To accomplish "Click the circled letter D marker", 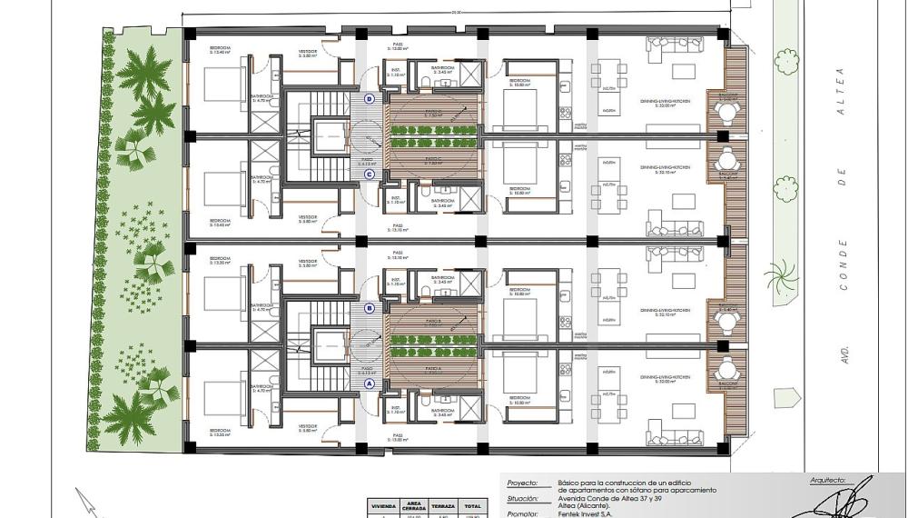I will coord(370,98).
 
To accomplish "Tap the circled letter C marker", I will coord(370,174).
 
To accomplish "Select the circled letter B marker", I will coord(370,308).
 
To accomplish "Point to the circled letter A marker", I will coord(370,384).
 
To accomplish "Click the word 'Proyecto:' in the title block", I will coord(522,483).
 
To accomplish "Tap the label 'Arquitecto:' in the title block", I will coord(827,479).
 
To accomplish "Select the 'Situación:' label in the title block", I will coord(523,499).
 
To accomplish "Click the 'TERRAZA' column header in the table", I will coord(443,505).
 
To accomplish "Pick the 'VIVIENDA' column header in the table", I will coord(382,505).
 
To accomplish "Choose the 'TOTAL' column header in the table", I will coord(473,505).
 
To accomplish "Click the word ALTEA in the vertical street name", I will coord(841,88).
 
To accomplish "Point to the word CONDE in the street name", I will coord(844,264).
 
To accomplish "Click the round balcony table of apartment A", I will coord(726,370).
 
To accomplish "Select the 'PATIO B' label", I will coord(433,321).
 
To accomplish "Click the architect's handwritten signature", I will coord(849,498).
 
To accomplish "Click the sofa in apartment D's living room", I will coord(676,43).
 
